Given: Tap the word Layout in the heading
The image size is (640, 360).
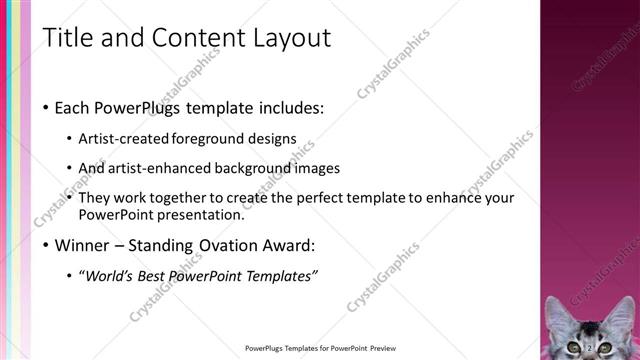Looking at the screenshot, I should (292, 38).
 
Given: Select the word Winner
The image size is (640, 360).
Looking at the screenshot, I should (82, 245).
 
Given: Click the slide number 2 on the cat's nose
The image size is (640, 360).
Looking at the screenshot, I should (591, 346).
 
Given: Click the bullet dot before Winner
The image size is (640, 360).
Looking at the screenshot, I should (47, 246).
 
